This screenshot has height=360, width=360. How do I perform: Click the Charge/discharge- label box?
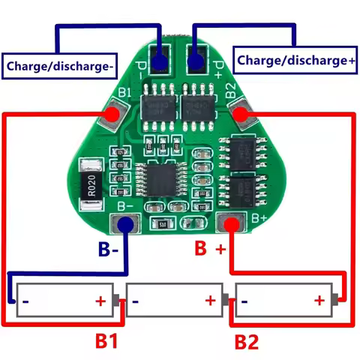click(60, 65)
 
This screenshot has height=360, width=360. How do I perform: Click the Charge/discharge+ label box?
click(295, 58)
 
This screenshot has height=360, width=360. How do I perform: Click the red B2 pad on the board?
click(241, 113)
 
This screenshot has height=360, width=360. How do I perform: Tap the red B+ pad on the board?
click(231, 223)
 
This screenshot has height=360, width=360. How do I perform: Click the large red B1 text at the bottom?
click(106, 341)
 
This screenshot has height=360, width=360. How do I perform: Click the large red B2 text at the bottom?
click(246, 342)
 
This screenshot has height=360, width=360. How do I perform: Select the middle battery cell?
click(174, 301)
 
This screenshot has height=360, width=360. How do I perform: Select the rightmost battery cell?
click(284, 301)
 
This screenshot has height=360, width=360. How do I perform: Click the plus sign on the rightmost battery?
click(319, 301)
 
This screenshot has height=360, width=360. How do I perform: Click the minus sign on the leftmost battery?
click(27, 302)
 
